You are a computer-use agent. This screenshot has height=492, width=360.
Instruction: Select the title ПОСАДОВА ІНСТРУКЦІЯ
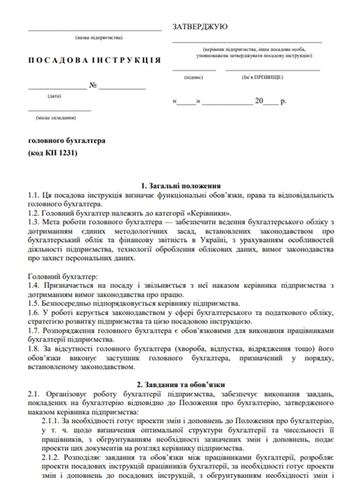(94, 60)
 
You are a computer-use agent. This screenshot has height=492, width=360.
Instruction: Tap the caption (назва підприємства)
(94, 37)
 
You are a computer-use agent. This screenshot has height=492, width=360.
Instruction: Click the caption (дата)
(54, 96)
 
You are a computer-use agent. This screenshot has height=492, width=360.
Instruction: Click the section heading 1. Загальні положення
(180, 187)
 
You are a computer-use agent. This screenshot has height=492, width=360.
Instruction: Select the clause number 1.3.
(33, 220)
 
